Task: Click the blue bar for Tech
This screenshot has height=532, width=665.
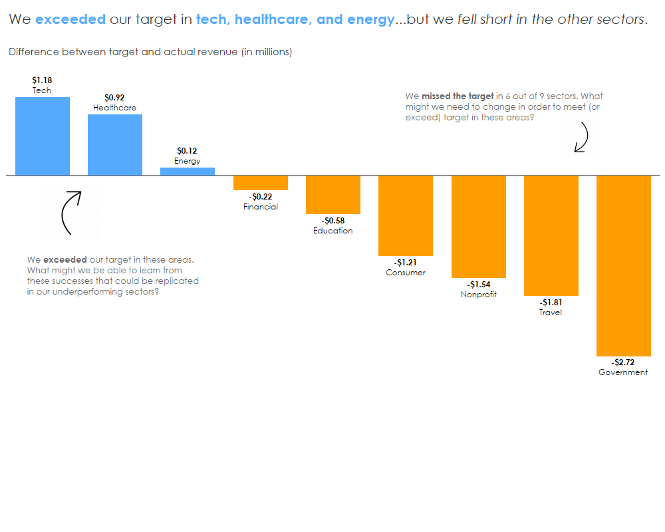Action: [43, 136]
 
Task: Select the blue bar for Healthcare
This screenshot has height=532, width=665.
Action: [115, 145]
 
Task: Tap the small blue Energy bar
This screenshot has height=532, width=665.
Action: [188, 172]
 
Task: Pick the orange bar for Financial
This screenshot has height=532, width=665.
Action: [261, 183]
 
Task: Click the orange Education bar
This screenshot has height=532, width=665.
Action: [333, 195]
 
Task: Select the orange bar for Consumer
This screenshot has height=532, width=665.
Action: [406, 215]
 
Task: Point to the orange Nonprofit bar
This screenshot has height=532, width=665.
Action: [479, 227]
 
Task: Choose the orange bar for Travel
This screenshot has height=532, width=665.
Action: [551, 235]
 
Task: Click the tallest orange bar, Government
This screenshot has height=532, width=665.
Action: [624, 266]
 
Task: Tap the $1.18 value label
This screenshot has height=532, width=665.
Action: [42, 80]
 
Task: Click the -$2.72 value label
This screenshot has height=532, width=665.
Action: [623, 362]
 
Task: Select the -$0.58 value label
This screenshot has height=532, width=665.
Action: [333, 221]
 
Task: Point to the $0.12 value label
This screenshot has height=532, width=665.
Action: [187, 151]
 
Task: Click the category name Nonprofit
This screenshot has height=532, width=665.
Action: [479, 295]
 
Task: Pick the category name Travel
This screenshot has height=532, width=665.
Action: [551, 313]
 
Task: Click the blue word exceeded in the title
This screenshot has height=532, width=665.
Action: [70, 19]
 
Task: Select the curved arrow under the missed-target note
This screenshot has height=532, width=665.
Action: [582, 138]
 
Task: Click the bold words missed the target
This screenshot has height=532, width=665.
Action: [458, 96]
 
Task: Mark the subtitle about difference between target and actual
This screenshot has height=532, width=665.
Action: [150, 52]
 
